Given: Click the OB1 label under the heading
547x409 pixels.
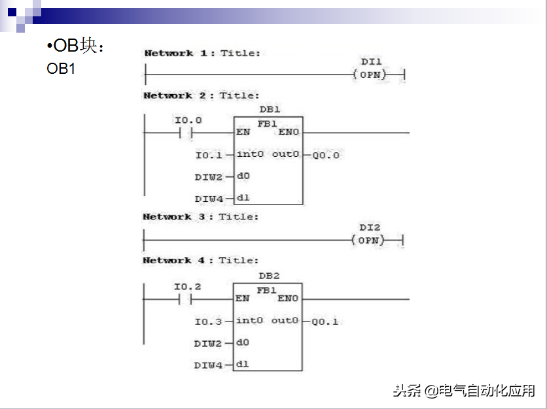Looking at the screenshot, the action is [61, 68].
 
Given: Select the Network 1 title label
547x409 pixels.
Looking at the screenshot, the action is [202, 53].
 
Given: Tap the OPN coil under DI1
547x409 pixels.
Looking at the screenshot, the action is [370, 74].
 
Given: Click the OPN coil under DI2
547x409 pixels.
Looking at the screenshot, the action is [369, 240].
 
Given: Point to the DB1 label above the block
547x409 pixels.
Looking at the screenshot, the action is [269, 109].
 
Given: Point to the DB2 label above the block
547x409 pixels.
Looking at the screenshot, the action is [269, 276].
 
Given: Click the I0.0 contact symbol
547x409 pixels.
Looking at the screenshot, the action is [187, 133].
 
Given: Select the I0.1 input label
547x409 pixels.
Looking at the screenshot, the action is [209, 155].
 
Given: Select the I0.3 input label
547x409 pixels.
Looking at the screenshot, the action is [208, 321].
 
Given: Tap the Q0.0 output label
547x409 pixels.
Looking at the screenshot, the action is [325, 155].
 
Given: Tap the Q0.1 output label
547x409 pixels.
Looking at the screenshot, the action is [325, 321].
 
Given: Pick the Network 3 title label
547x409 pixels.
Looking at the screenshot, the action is [201, 216].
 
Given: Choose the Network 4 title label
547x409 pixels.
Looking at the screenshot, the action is [201, 260].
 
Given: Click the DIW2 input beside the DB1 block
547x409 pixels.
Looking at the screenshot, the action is [208, 176].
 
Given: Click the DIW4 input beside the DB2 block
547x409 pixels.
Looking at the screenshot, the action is [208, 365].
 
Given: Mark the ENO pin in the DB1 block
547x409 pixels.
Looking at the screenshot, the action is [289, 132].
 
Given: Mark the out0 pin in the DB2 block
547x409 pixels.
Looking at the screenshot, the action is [285, 320].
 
